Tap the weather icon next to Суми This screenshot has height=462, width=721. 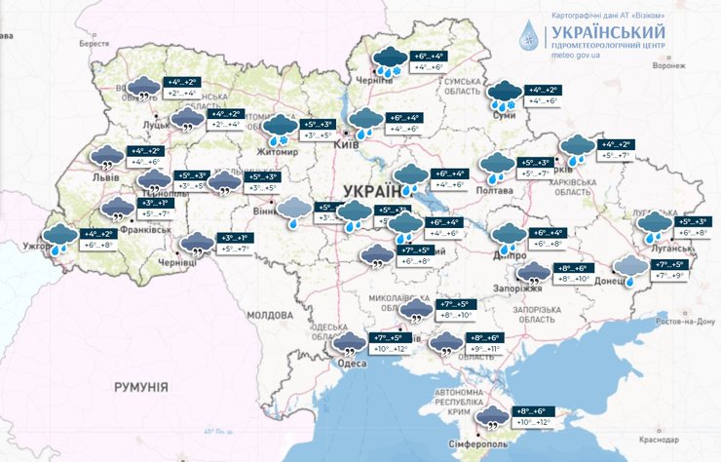tap(505, 95)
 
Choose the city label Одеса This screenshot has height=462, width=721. tap(351, 363)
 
